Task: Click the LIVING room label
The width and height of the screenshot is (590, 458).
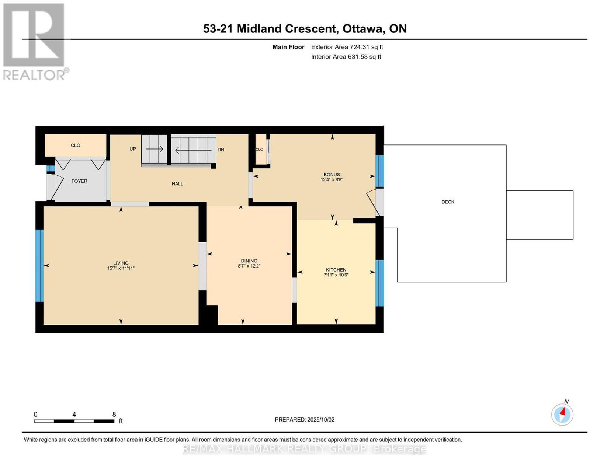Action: pos(121,263)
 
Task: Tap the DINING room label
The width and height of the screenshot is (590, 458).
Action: pos(249,261)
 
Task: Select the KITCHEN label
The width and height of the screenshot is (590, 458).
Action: pos(336,270)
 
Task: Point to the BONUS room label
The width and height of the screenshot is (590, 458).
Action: pos(332,174)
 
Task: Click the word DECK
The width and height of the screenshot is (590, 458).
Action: pos(448,202)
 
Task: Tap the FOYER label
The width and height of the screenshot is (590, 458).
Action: pos(79,181)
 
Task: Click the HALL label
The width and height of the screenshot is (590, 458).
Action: pos(177,183)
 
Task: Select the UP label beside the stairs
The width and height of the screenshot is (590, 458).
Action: pos(132,149)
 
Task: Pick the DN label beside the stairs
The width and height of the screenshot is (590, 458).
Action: pos(221,150)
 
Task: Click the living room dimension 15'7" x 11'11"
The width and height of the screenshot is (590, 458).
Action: pos(121,268)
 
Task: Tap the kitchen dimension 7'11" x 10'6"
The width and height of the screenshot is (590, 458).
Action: pos(336,275)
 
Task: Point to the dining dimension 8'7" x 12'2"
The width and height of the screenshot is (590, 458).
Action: pos(249,266)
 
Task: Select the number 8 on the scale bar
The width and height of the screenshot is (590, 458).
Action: pos(114,415)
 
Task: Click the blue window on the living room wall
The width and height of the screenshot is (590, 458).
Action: pos(39,265)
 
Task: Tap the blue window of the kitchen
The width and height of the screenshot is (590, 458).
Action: pos(379,283)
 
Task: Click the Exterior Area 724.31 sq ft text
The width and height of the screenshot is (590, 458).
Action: pos(347,47)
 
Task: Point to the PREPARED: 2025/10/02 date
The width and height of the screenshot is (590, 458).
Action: pos(305,419)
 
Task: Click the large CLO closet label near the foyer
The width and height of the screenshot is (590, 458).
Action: pos(76,145)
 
